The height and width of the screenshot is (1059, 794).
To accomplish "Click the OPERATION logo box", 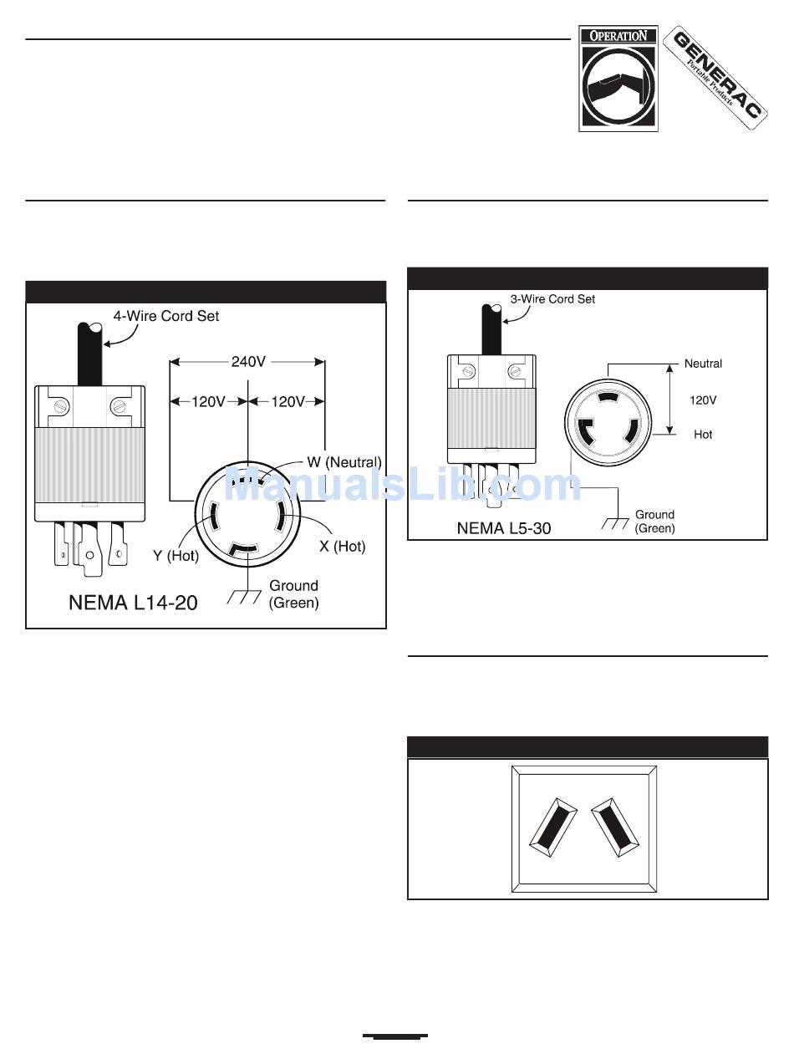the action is point(618,79).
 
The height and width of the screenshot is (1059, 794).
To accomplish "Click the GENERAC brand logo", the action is point(716,78).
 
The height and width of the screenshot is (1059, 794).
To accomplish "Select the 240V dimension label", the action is point(248,361).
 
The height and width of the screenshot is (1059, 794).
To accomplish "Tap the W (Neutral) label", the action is point(344,462).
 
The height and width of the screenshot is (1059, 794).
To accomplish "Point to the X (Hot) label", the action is point(343,546).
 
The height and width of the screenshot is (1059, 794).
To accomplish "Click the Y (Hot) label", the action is point(176,556).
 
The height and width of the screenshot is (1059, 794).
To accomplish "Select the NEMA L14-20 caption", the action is point(133,603).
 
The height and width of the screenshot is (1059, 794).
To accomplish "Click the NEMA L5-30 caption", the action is point(504,528).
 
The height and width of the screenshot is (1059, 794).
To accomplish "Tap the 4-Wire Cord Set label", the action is point(166,316).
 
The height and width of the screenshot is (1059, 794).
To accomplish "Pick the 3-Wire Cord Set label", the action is point(552,299).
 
